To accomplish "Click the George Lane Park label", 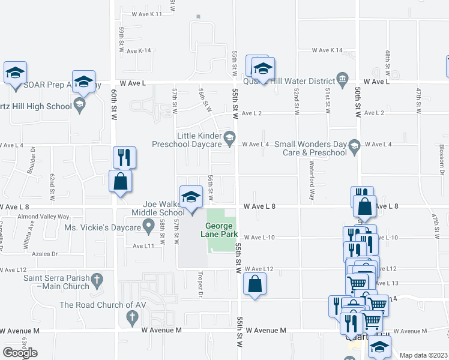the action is coord(222,229).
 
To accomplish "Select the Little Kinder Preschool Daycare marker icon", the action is coord(229,139).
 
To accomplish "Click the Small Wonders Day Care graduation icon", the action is coord(354,144).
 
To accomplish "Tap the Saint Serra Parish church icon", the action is coord(96,278).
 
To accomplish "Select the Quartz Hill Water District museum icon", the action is coord(342,77).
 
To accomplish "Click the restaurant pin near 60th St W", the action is coord(124,158).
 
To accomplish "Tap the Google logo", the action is coord(20,353).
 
